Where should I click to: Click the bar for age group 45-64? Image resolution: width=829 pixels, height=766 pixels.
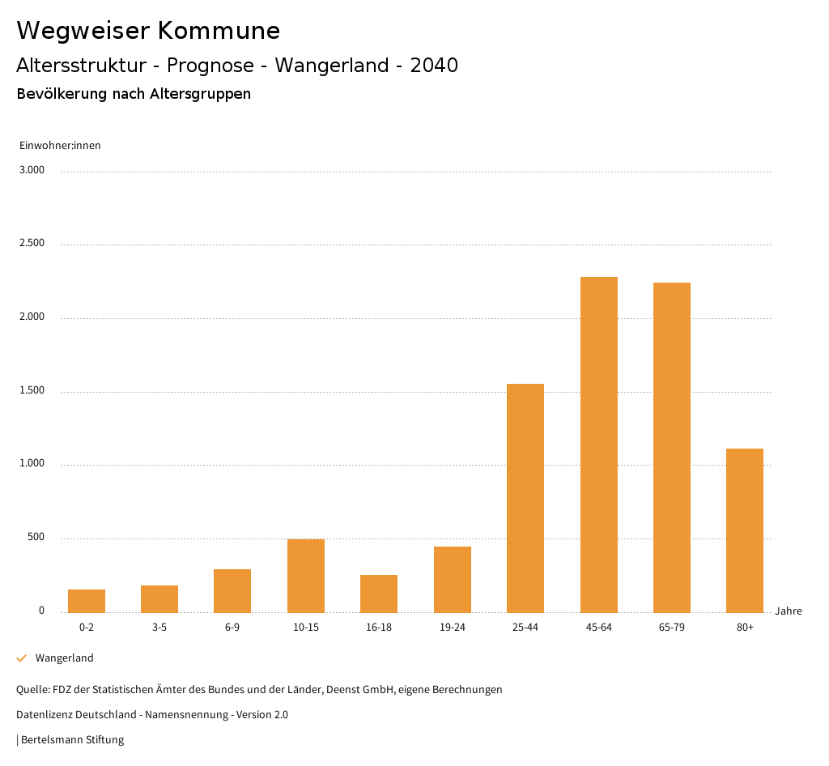click(x=598, y=445)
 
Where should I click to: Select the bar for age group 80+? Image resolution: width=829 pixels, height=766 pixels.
click(x=745, y=530)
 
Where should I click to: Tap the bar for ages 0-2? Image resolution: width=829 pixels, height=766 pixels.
click(x=87, y=601)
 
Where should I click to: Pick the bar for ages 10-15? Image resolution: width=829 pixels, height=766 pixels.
click(x=306, y=576)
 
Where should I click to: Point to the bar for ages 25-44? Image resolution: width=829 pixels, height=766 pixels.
click(x=525, y=498)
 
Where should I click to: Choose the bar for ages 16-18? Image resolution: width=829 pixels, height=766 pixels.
click(x=379, y=594)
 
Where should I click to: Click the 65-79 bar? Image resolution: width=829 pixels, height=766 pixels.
click(x=672, y=447)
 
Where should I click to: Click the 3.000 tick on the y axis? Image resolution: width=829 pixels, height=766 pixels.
click(x=32, y=170)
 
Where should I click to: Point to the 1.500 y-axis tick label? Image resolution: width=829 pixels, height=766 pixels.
click(x=32, y=390)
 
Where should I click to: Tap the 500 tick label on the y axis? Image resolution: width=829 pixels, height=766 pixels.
click(x=36, y=538)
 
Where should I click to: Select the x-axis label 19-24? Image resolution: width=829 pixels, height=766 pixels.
click(x=452, y=628)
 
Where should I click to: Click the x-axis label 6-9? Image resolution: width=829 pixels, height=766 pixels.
click(x=232, y=628)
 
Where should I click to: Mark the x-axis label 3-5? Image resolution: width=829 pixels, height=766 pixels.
click(x=159, y=628)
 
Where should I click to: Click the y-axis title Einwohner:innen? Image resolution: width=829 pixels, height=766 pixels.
click(x=60, y=146)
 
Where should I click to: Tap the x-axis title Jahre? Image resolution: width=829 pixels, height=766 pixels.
click(x=788, y=611)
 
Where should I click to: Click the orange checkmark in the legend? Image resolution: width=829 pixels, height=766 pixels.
click(x=22, y=658)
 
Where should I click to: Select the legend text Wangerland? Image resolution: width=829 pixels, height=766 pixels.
click(x=65, y=658)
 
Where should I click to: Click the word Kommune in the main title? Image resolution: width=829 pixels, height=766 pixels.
click(x=219, y=31)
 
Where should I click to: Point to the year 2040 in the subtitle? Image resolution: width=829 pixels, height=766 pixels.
click(x=434, y=66)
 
